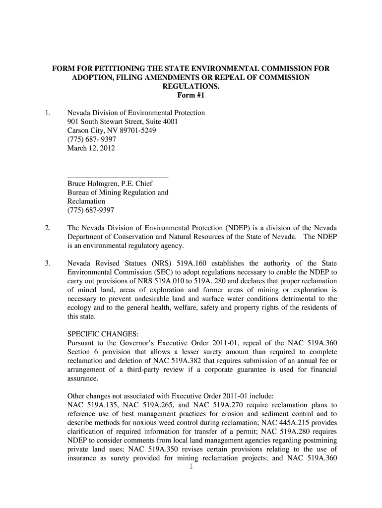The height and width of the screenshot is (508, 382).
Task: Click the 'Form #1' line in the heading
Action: click(x=191, y=95)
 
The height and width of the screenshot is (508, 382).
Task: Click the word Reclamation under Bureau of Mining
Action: click(x=86, y=201)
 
